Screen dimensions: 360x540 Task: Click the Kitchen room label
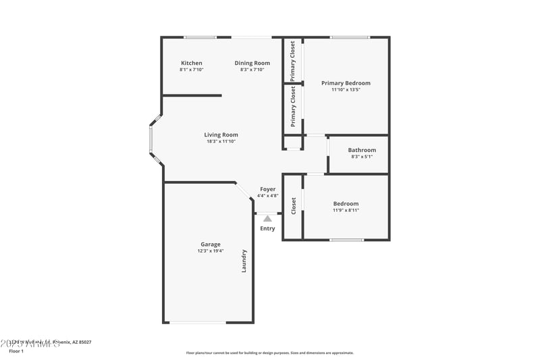[191, 63]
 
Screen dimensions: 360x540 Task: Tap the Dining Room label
[252, 63]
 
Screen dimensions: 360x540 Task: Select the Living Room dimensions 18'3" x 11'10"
[222, 141]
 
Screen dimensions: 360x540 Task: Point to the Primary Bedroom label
[346, 83]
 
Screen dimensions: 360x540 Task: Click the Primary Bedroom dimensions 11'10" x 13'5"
[346, 90]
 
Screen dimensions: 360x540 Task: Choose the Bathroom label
[362, 150]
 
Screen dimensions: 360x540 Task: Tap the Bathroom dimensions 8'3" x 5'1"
[362, 157]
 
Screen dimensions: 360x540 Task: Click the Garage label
[210, 245]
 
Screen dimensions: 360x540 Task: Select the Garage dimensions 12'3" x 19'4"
[210, 251]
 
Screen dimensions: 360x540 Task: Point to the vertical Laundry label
[244, 261]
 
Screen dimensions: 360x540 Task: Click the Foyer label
[267, 189]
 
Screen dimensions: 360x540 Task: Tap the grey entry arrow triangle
[267, 218]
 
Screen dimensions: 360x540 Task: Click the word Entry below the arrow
[267, 228]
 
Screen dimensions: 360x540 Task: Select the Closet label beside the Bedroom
[293, 206]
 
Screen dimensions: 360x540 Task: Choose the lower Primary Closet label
[293, 107]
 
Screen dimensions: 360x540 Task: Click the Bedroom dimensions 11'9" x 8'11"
[346, 210]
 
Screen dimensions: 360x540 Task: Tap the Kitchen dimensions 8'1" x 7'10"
[191, 70]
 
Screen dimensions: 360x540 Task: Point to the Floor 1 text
[16, 351]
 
